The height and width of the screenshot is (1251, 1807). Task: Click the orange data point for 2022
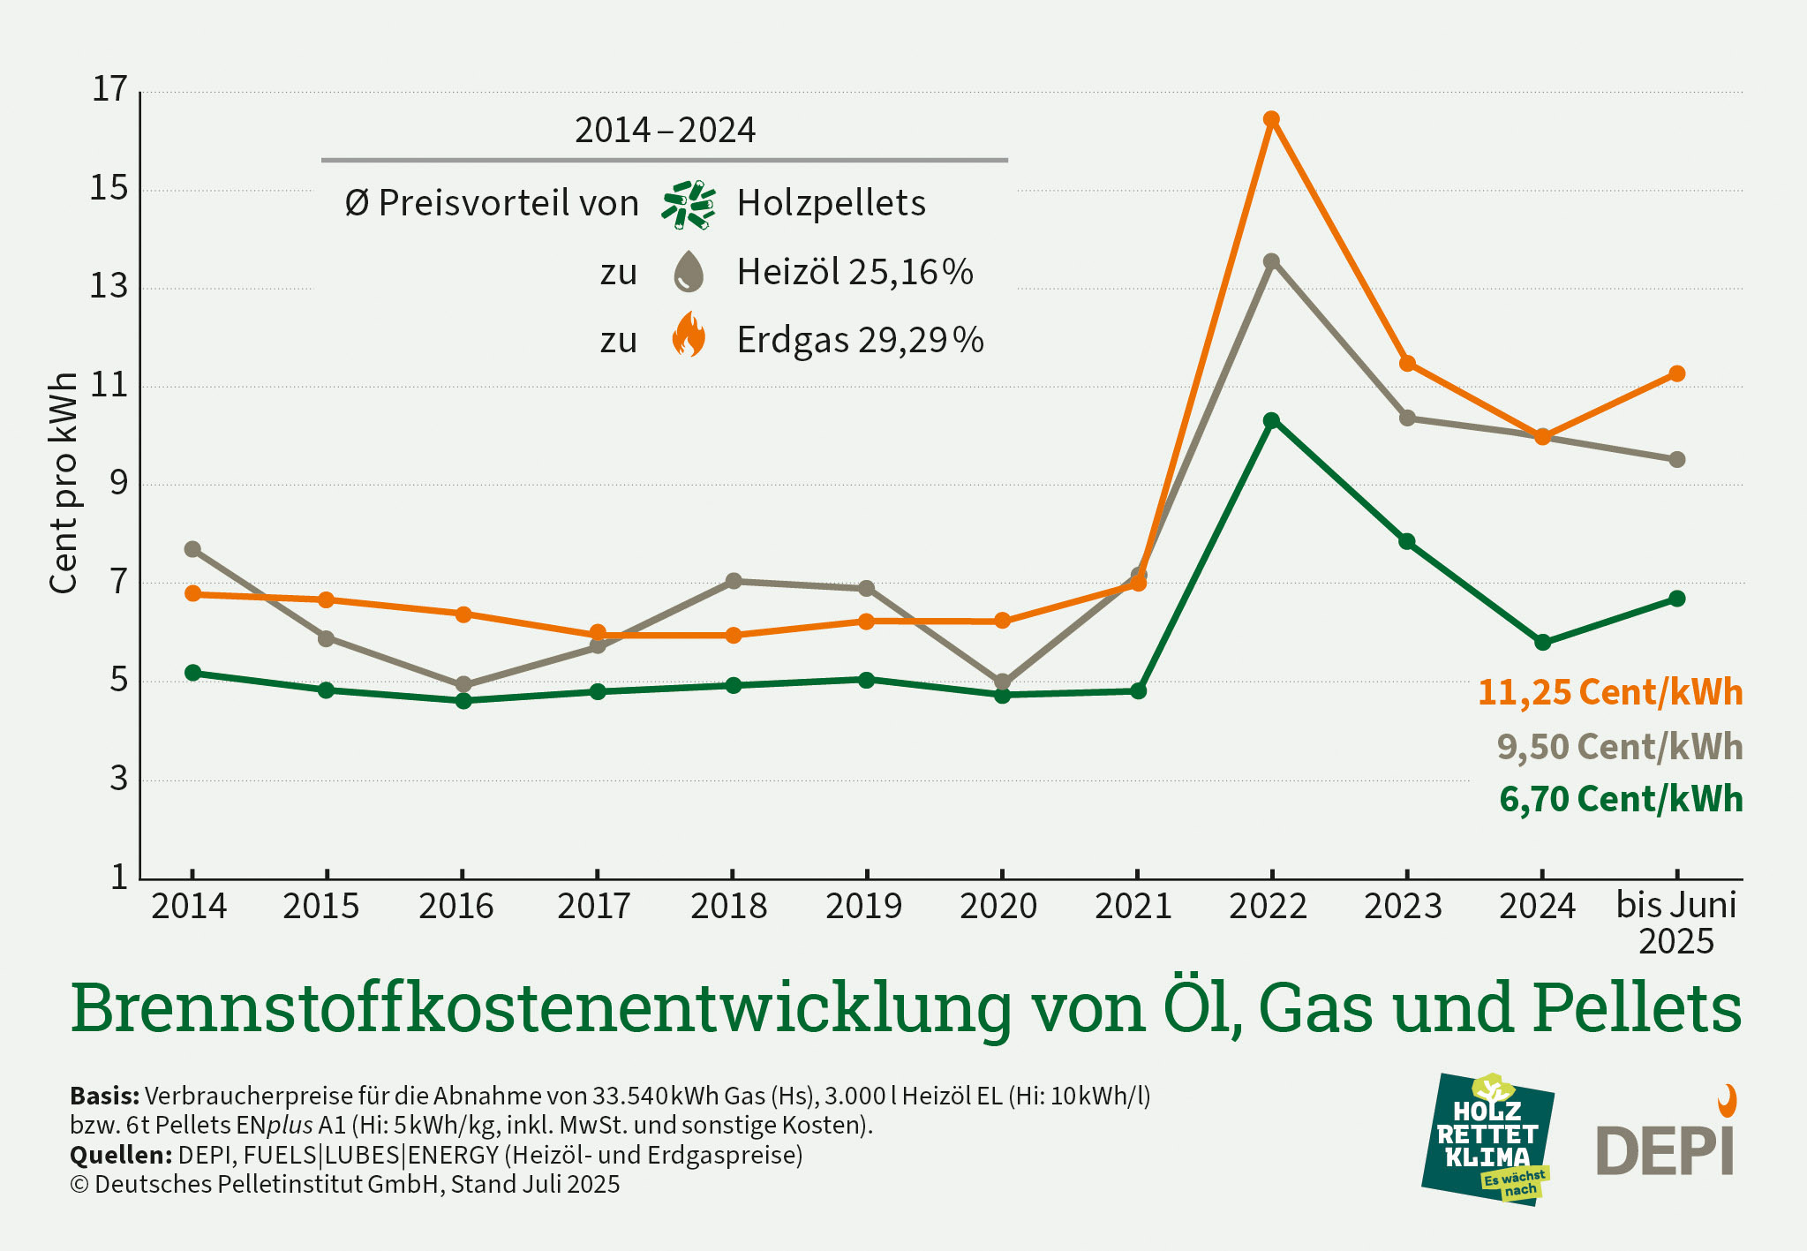coord(1271,119)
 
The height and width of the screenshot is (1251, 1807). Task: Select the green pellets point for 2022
coord(1271,420)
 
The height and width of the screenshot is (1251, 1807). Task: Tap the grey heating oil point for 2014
coord(192,549)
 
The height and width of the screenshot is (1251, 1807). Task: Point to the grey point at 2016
coord(463,685)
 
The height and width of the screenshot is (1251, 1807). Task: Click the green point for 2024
coord(1542,643)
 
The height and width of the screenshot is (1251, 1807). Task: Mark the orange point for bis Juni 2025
coord(1677,374)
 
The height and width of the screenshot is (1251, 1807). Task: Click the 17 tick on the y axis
coord(110,89)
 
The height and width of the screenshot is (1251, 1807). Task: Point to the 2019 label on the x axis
coord(863,907)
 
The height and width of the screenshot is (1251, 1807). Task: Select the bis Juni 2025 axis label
coord(1675,923)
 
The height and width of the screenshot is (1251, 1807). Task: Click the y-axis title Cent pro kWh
coord(64,483)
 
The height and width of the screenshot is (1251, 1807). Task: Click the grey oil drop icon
coord(689,271)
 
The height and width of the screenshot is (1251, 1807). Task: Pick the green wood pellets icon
coord(689,205)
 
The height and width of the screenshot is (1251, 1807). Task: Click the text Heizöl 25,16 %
coord(855,272)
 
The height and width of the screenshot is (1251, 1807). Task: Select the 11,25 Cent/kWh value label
coord(1610,692)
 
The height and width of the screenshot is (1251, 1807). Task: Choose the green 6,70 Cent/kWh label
coord(1621,799)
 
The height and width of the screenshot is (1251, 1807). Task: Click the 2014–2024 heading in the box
coord(665,131)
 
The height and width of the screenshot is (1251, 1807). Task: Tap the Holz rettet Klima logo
coord(1488,1139)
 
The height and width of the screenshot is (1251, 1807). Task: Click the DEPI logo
coord(1667,1143)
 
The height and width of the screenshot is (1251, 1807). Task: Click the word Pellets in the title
coord(1637,1008)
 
